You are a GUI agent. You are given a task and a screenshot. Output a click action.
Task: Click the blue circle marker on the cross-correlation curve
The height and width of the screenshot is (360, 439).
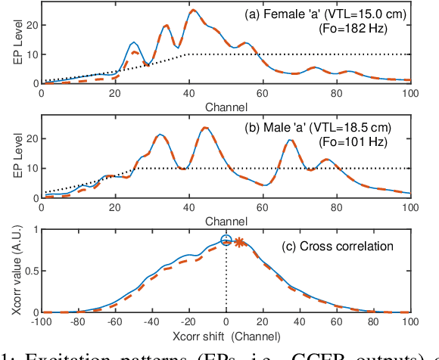(x=226, y=241)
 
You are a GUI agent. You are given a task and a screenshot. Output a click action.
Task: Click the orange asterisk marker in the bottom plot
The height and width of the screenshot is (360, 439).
(x=238, y=243)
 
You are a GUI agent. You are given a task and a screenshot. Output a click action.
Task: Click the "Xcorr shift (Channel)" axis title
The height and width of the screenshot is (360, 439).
(x=225, y=334)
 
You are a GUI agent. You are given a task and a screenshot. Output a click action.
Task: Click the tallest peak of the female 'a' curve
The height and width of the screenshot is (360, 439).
(x=193, y=10)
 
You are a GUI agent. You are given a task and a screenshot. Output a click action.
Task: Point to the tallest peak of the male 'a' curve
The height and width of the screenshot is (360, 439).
(x=204, y=127)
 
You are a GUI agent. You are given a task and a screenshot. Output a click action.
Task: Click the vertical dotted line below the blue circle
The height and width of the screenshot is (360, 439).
(x=226, y=280)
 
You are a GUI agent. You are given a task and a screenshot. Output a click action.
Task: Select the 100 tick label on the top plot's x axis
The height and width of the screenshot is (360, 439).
(x=409, y=93)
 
